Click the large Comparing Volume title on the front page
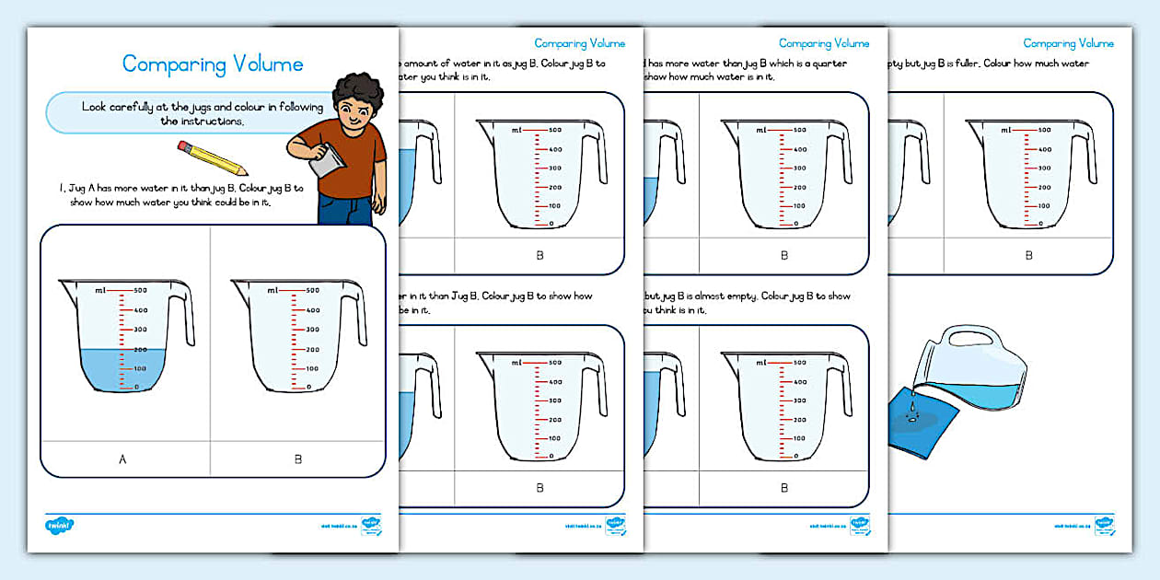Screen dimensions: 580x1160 pyautogui.click(x=213, y=64)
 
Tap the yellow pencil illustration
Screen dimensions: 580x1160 pyautogui.click(x=213, y=158)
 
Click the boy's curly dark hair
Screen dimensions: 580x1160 pyautogui.click(x=356, y=91)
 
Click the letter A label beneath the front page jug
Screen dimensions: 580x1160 pyautogui.click(x=123, y=458)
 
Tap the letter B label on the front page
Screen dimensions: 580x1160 pyautogui.click(x=297, y=458)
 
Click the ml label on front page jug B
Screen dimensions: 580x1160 pyautogui.click(x=273, y=290)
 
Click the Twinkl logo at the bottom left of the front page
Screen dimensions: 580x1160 pyautogui.click(x=59, y=526)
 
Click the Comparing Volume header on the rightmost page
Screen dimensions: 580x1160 pyautogui.click(x=1068, y=43)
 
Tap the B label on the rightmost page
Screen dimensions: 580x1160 pyautogui.click(x=1028, y=256)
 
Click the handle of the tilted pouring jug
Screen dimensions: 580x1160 pyautogui.click(x=975, y=338)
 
